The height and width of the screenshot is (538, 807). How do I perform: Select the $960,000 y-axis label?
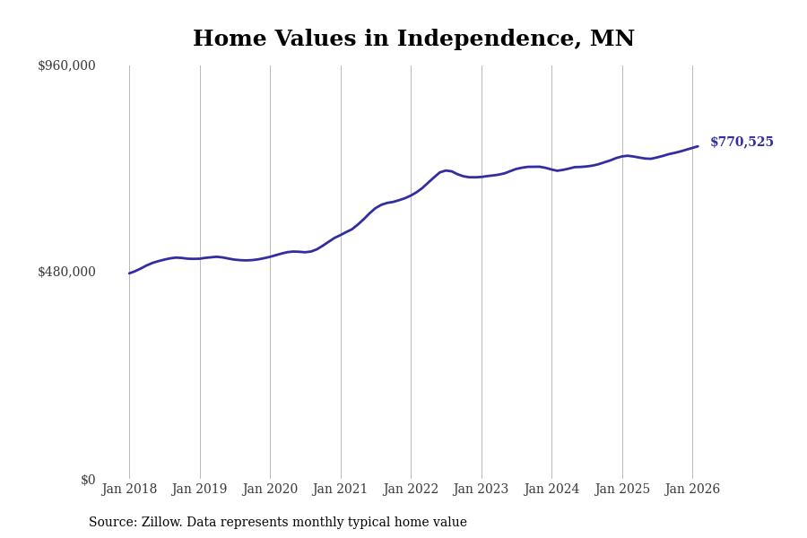[66, 65]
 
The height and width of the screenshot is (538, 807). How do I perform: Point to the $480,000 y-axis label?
[66, 272]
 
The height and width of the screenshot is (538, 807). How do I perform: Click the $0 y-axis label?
[88, 480]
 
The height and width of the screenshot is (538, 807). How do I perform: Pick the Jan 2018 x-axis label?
[129, 490]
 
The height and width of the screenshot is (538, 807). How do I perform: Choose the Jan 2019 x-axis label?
[200, 490]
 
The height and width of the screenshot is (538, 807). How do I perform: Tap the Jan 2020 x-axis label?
[270, 490]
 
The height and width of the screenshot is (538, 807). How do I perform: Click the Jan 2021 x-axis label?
[341, 490]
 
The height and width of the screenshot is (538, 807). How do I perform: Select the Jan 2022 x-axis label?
[411, 490]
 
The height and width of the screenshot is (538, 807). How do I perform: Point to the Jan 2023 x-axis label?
[482, 490]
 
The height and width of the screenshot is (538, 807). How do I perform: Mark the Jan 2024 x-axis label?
[551, 490]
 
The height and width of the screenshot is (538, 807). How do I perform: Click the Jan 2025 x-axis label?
[622, 490]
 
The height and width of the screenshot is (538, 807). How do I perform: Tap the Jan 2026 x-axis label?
[692, 490]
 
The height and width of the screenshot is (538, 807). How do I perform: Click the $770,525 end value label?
[742, 143]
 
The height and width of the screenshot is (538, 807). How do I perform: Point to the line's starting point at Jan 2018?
[129, 273]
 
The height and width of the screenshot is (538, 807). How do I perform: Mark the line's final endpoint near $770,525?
[698, 146]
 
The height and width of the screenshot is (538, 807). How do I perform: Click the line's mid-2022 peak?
[446, 170]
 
